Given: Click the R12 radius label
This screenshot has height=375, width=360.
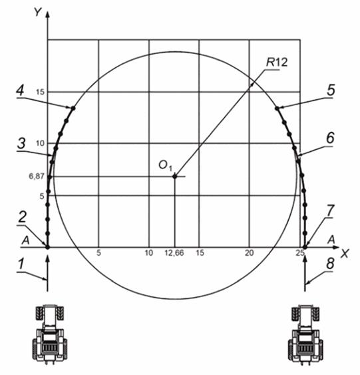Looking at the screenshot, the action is point(277,63).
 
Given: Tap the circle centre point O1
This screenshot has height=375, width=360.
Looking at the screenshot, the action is point(175,177).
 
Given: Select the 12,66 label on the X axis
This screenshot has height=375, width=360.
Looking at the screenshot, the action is point(174,253).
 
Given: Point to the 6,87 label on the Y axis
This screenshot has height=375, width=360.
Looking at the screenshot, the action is point(37,177).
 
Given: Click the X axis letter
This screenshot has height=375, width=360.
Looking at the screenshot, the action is point(345,254).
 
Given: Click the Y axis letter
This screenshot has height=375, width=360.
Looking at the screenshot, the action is point(38,12).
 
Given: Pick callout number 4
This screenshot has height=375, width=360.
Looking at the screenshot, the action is point(21,91).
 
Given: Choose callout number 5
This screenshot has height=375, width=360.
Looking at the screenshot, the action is point(331,91).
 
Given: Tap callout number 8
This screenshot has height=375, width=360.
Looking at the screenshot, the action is point(330,264).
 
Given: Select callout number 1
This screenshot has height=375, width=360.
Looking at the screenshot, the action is point(21,264).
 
